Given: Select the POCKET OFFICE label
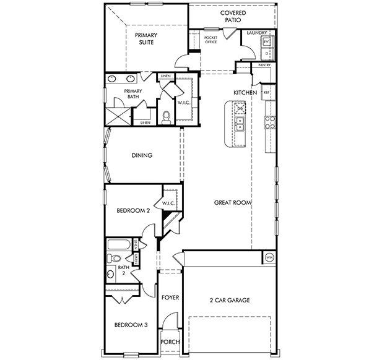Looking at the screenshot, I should (211, 40).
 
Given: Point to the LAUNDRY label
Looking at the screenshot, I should (256, 33).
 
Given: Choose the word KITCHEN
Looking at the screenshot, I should (245, 92).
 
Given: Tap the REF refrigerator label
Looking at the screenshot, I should (267, 93).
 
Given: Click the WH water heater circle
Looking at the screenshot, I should (269, 257).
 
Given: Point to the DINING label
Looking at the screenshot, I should (142, 156).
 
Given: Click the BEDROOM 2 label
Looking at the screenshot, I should (133, 210).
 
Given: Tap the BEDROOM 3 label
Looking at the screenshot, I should (131, 324).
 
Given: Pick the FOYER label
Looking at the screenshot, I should (170, 298).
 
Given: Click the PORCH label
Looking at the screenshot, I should (170, 342).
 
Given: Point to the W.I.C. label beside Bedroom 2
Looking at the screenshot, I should (170, 203).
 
